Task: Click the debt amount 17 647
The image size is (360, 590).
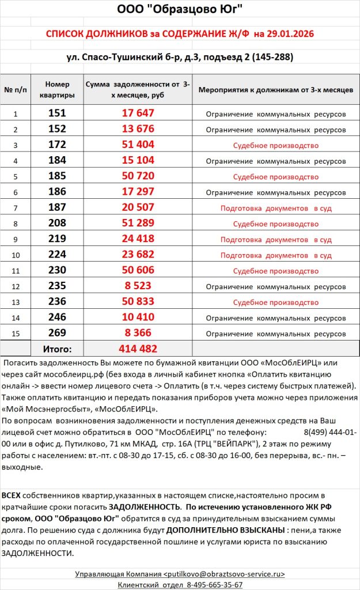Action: (138, 114)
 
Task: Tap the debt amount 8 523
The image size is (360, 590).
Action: (138, 286)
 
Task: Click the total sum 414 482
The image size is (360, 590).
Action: (138, 349)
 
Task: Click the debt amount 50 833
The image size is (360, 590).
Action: (138, 301)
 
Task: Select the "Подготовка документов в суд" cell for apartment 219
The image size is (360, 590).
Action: (276, 239)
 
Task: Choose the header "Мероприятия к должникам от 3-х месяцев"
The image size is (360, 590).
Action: (276, 90)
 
